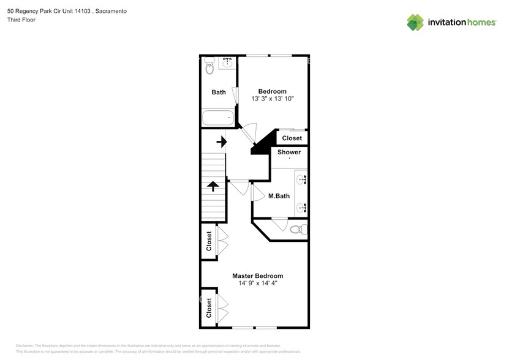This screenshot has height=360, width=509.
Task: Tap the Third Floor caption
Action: pyautogui.click(x=21, y=20)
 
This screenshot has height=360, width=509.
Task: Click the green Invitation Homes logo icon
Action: pyautogui.click(x=415, y=22)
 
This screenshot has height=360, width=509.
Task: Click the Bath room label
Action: pyautogui.click(x=219, y=92)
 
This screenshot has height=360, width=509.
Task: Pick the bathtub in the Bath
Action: pyautogui.click(x=217, y=118)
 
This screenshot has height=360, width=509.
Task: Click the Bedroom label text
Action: pyautogui.click(x=272, y=91)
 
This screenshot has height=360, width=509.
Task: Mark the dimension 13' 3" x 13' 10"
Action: pyautogui.click(x=273, y=99)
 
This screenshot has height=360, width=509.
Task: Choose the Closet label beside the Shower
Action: pyautogui.click(x=292, y=138)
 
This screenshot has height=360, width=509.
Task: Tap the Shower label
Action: pyautogui.click(x=289, y=152)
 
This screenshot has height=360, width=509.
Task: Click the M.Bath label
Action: pyautogui.click(x=279, y=197)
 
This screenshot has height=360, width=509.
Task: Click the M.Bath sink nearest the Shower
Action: pyautogui.click(x=301, y=179)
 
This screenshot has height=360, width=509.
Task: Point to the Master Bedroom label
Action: pyautogui.click(x=257, y=276)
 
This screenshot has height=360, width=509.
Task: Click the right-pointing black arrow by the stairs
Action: pyautogui.click(x=220, y=143)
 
